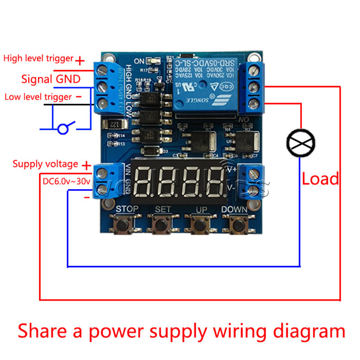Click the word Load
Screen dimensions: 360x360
[x=320, y=179]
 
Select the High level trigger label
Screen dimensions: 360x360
[x=38, y=58]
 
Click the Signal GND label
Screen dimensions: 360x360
[x=51, y=80]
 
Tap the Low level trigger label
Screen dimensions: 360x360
[x=38, y=97]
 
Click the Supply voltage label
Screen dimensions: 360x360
[x=45, y=164]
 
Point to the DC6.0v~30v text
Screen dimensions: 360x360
[x=67, y=182]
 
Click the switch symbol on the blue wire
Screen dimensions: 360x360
[x=65, y=129]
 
